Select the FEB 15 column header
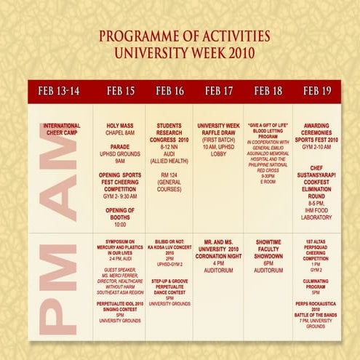click(120, 91)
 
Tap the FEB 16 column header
click(169, 91)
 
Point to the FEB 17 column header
click(218, 91)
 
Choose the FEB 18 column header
click(268, 91)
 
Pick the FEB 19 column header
click(317, 91)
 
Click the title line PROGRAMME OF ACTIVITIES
click(184, 36)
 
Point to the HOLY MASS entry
click(120, 129)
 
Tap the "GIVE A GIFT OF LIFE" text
click(268, 124)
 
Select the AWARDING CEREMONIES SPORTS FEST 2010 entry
click(317, 133)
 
